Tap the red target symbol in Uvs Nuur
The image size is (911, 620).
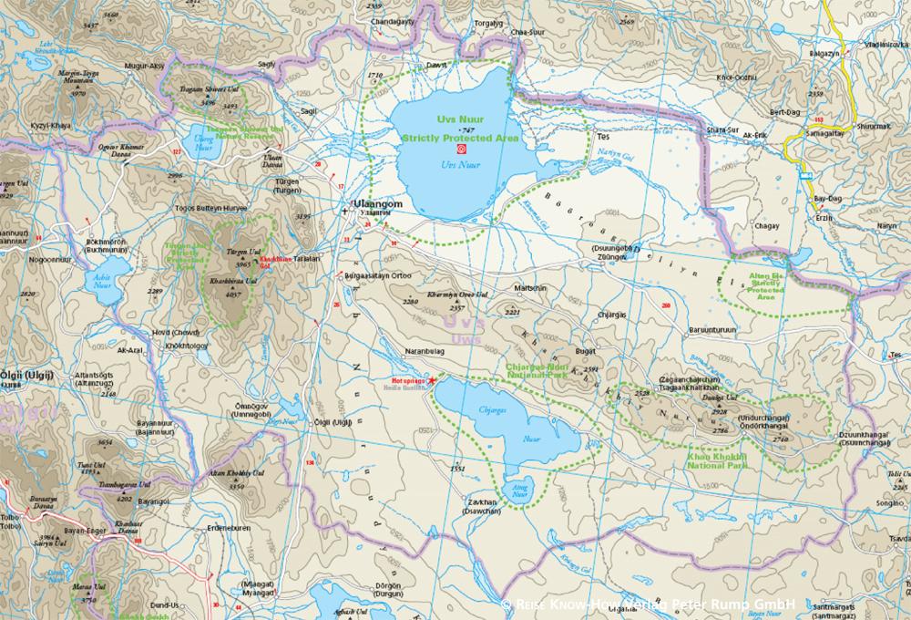click(x=461, y=149)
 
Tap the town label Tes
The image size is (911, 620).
click(x=601, y=137)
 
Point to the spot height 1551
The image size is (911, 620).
click(x=457, y=469)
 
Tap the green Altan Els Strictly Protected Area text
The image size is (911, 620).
click(x=765, y=284)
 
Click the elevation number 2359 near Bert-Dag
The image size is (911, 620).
click(x=815, y=94)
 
